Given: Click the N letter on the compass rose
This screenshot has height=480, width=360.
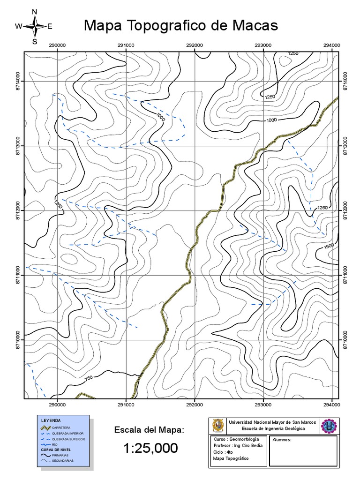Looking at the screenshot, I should coord(34,11).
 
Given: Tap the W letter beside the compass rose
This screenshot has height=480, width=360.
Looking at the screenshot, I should coord(19,27).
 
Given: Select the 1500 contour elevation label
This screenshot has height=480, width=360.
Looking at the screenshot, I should coord(329,246).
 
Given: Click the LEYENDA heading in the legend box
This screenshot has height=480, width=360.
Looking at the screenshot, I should coord(51,420).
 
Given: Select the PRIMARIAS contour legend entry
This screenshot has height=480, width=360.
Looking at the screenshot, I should coord(61,455).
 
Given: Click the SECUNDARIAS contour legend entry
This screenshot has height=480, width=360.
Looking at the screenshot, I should coord(63,461).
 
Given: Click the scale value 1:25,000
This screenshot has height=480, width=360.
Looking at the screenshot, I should coord(150,449).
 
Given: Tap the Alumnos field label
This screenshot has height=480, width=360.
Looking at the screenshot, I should coord(282,440).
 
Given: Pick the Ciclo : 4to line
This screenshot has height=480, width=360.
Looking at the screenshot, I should coord(223,452).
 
